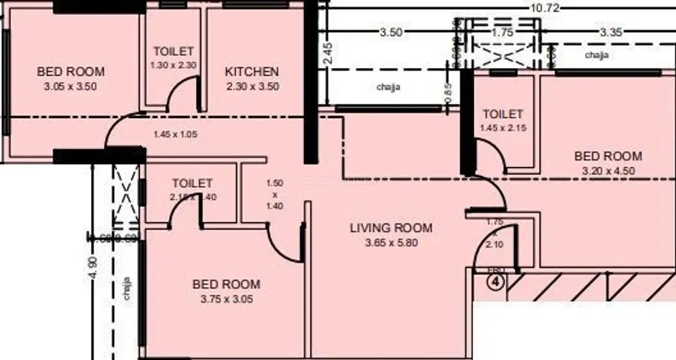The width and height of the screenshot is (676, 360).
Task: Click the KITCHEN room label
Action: (252, 72)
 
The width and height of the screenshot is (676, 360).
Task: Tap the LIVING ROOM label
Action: (390, 227)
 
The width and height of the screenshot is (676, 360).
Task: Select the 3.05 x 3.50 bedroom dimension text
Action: (70, 87)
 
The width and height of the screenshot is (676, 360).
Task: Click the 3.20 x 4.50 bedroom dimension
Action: (608, 171)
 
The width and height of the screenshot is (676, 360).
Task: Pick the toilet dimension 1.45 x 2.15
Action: (502, 129)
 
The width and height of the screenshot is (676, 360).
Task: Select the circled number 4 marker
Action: (497, 283)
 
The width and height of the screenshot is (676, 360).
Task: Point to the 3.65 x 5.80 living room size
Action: (390, 243)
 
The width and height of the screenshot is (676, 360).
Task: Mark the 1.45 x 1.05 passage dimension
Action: (175, 135)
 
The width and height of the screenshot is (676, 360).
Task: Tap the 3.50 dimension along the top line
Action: (390, 32)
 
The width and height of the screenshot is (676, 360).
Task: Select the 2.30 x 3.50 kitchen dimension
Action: (252, 87)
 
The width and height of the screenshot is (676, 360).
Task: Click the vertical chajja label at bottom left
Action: (127, 289)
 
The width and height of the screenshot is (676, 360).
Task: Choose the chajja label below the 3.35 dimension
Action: (598, 56)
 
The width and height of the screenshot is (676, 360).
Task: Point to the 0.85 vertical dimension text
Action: (449, 91)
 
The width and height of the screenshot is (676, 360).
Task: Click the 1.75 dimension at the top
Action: (503, 33)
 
